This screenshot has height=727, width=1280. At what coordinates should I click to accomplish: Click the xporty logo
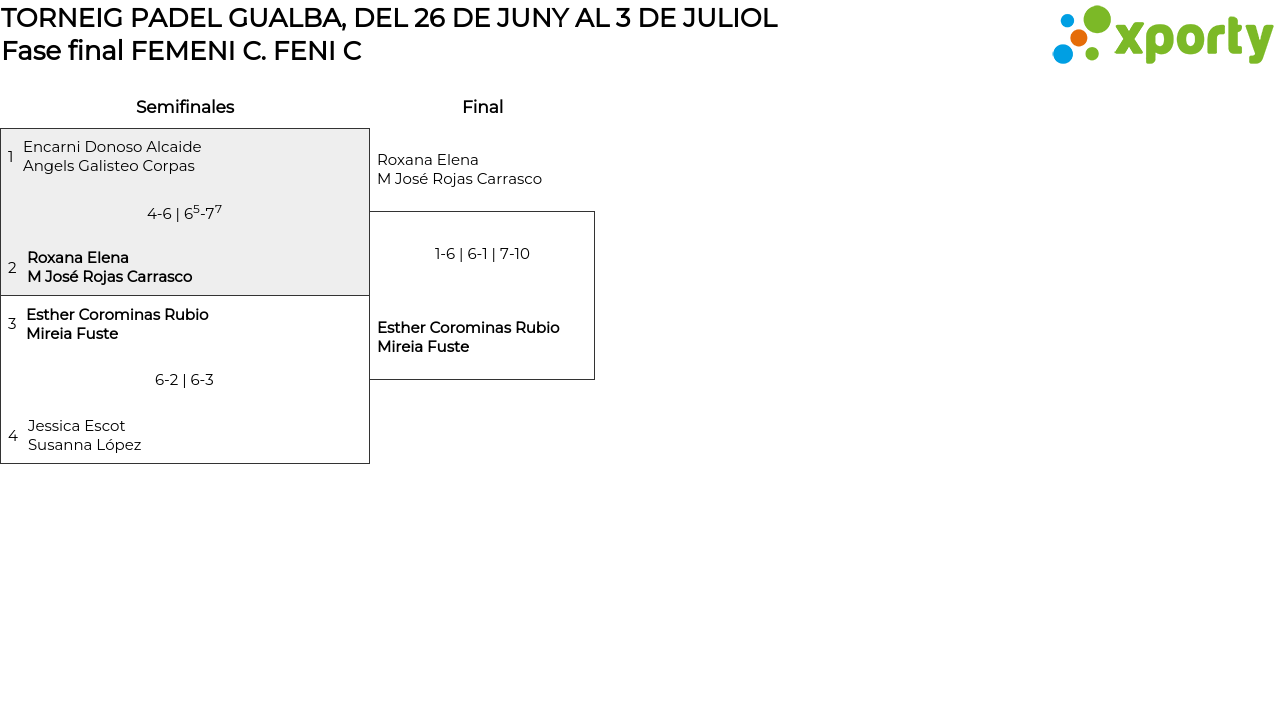click(x=1162, y=36)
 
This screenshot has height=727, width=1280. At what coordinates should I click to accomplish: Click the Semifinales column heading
click(x=185, y=107)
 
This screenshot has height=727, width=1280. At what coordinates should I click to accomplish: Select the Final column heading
click(x=482, y=107)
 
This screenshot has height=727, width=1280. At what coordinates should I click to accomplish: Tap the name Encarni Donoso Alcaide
click(x=112, y=147)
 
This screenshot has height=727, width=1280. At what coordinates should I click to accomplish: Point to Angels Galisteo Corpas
click(x=109, y=166)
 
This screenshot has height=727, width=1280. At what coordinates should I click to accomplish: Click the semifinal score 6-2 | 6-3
click(x=184, y=380)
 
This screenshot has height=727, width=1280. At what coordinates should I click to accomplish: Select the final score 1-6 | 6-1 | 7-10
click(x=482, y=254)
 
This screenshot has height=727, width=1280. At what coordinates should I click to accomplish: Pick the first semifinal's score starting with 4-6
click(x=184, y=213)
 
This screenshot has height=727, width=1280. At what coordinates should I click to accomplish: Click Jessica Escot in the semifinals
click(x=76, y=426)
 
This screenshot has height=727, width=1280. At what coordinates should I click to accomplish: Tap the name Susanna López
click(x=84, y=445)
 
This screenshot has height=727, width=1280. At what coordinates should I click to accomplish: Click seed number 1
click(x=11, y=157)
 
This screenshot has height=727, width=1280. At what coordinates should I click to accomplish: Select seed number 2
click(x=12, y=268)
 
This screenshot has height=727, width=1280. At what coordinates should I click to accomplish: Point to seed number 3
click(x=12, y=324)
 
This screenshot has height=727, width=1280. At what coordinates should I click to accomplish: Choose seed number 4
click(x=13, y=436)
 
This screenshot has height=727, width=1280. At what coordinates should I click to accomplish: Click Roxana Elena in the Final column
click(x=428, y=160)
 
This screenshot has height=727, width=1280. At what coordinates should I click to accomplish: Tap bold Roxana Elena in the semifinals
click(x=78, y=258)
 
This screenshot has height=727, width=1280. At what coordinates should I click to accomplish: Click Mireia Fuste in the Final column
click(x=423, y=347)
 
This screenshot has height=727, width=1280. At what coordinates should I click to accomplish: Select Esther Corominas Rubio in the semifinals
click(x=117, y=315)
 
